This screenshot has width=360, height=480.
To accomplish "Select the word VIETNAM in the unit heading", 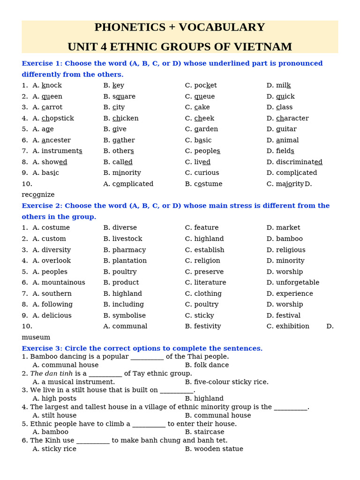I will point(267,47).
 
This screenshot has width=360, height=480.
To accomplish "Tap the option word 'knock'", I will point(52,85).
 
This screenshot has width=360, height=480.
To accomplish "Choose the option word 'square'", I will point(124,97).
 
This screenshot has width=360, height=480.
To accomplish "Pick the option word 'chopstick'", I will point(58,119).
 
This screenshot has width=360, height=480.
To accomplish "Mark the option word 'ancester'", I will point(56,140).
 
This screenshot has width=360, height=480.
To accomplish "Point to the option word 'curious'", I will point(207,173).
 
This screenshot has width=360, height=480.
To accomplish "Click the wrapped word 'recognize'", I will point(38,195).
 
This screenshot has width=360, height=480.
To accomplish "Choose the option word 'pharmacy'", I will point(129,250).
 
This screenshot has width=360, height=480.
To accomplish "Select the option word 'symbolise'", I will point(129,315).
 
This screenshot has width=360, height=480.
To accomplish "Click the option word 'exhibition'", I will point(292,326).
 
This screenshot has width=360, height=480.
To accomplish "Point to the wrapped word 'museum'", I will point(36,337).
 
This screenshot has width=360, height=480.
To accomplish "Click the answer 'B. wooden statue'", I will point(214,449).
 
